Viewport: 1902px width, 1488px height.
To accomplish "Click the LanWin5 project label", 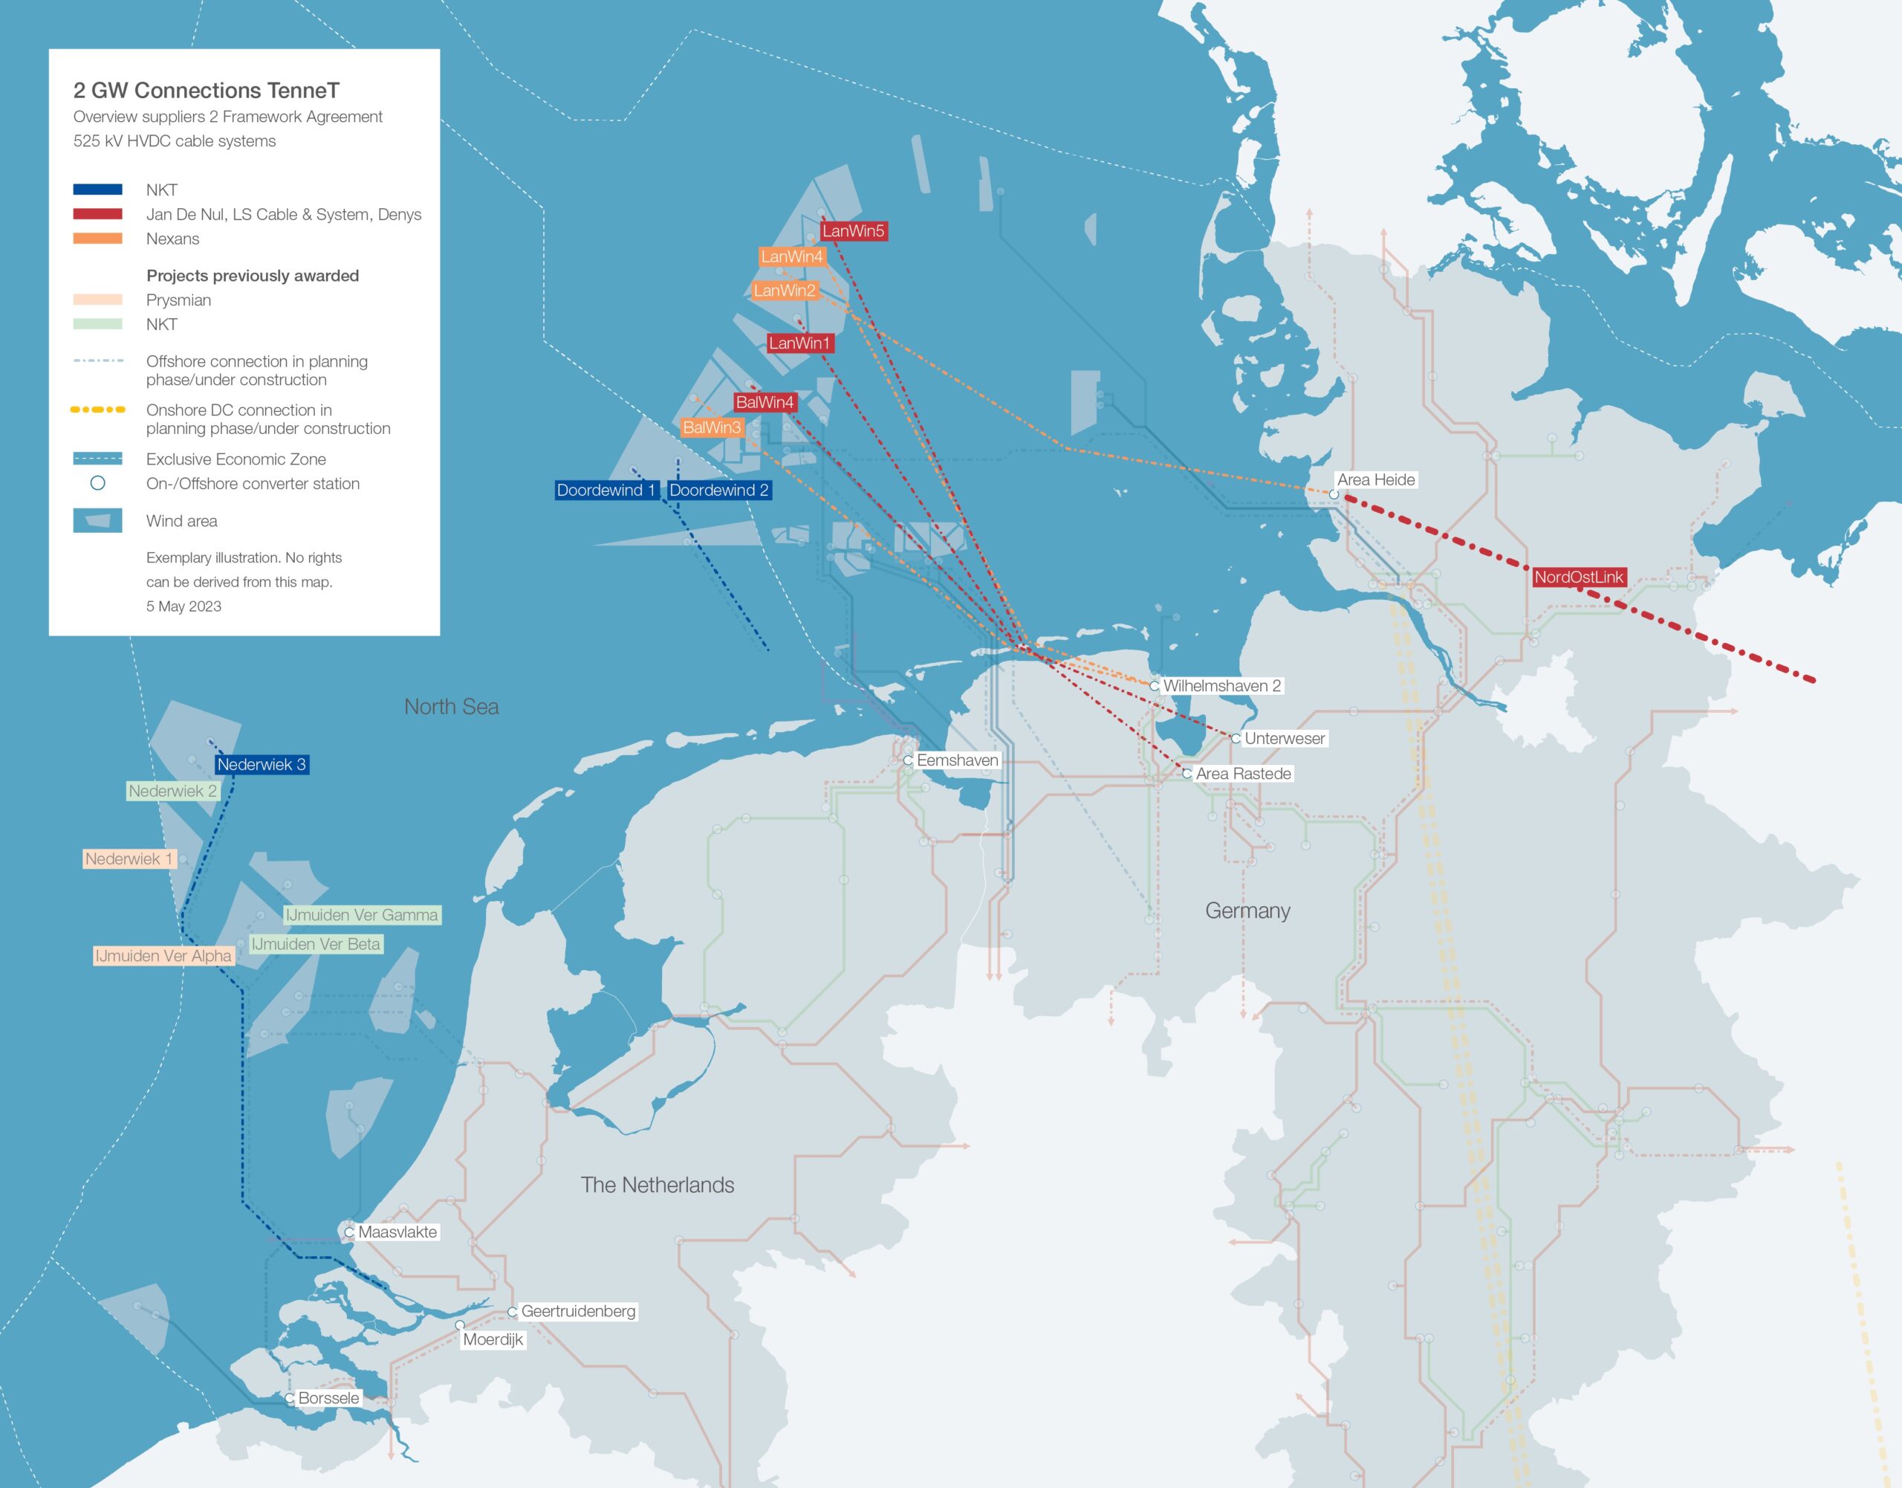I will click(854, 231).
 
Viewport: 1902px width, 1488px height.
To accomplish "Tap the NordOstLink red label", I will click(1578, 577).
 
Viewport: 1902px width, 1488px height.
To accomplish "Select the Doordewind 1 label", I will click(606, 491).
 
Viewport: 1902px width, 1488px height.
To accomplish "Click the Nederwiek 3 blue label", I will click(262, 765).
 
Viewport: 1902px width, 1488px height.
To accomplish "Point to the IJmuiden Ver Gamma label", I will click(361, 915).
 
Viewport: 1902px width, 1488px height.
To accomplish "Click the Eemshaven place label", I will click(957, 760).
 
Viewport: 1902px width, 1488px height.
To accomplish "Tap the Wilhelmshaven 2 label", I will click(1222, 685).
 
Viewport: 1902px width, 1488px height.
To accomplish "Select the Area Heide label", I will click(1376, 480).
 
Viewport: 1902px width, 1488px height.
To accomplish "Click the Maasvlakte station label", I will click(397, 1232).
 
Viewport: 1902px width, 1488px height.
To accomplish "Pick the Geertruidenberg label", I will click(578, 1311).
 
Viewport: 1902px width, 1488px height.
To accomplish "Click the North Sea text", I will click(451, 707).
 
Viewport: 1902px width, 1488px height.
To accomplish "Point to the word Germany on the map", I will click(1247, 910).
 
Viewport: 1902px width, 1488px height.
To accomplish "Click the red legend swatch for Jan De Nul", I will click(97, 214).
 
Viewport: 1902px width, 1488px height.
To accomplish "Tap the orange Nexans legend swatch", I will click(97, 239).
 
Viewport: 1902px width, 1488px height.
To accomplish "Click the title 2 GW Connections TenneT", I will click(207, 91).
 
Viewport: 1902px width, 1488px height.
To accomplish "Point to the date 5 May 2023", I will click(184, 606).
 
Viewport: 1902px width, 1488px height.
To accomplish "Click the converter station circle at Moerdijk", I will click(460, 1325).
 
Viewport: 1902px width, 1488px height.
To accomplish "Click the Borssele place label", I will click(328, 1398).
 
